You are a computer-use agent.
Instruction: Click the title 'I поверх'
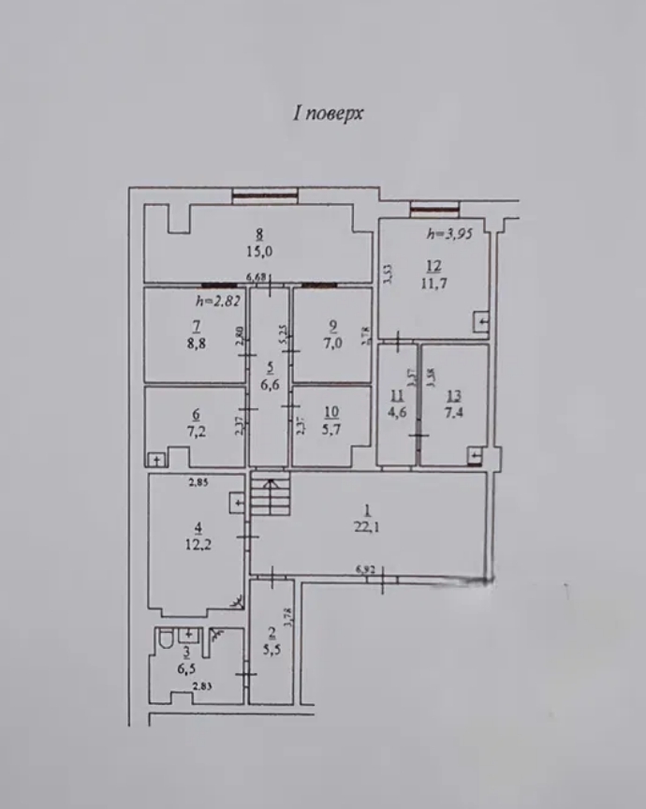(x=328, y=113)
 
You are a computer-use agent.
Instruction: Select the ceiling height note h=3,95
(x=447, y=234)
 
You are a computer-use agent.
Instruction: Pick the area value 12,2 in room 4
(x=198, y=546)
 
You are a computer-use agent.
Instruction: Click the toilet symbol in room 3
(x=166, y=640)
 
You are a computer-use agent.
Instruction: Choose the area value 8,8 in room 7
(x=197, y=343)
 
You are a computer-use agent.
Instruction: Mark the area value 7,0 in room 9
(x=332, y=343)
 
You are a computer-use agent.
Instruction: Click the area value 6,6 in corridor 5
(x=271, y=384)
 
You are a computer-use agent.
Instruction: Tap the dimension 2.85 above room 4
(x=198, y=483)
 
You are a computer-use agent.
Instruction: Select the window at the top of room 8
(x=266, y=196)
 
